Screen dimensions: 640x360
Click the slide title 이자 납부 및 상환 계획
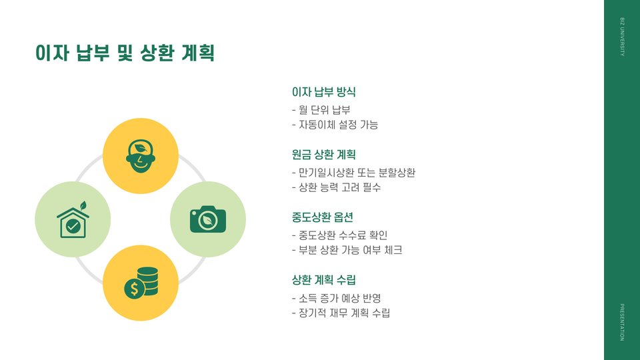pyautogui.click(x=125, y=53)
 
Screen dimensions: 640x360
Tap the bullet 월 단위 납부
pyautogui.click(x=321, y=109)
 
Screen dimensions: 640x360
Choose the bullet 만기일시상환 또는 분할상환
pyautogui.click(x=353, y=172)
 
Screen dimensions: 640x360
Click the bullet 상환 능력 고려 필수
pyautogui.click(x=336, y=187)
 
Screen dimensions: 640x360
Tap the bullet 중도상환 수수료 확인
pyautogui.click(x=339, y=235)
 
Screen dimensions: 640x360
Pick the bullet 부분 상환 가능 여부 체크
pyautogui.click(x=347, y=250)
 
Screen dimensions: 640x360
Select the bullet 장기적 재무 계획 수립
pyautogui.click(x=341, y=313)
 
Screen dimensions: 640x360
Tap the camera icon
pyautogui.click(x=208, y=219)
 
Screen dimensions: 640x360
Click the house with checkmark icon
pyautogui.click(x=73, y=220)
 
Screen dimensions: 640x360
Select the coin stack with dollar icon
pyautogui.click(x=141, y=283)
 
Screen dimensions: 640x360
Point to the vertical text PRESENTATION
pyautogui.click(x=622, y=321)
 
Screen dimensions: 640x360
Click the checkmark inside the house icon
pyautogui.click(x=73, y=227)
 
